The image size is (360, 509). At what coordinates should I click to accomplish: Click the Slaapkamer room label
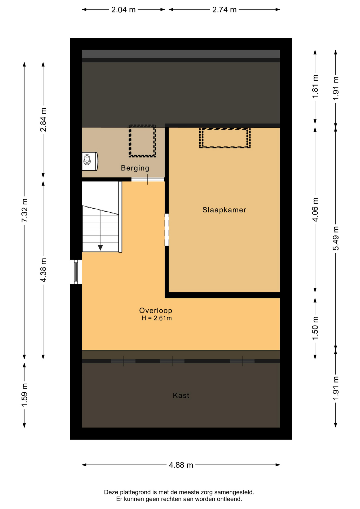click(x=224, y=210)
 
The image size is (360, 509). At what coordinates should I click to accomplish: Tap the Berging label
click(x=135, y=168)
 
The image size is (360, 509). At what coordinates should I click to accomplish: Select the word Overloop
click(x=156, y=310)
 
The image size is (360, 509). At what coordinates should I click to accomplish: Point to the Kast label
click(x=181, y=395)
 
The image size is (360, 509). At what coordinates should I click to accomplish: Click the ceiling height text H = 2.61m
click(x=156, y=318)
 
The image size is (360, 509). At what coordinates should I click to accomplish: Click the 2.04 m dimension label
click(x=123, y=10)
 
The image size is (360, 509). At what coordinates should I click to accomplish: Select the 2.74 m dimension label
click(x=224, y=10)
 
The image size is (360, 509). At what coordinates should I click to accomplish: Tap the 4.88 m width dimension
click(x=181, y=465)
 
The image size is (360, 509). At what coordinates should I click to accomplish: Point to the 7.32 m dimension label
click(x=24, y=210)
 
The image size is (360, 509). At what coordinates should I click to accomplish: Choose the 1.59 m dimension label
click(x=24, y=395)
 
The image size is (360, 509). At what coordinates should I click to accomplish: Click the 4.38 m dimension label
click(x=43, y=270)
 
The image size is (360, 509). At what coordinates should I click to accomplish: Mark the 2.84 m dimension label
click(x=43, y=120)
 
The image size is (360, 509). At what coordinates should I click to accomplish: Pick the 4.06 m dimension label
click(x=315, y=209)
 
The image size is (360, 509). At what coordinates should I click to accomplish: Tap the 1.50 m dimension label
click(x=315, y=328)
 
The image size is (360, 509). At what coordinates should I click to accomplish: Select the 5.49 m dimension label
click(x=336, y=238)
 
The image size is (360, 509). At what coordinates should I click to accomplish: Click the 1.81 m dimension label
click(x=315, y=86)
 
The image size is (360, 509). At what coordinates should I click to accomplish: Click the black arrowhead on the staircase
click(x=100, y=248)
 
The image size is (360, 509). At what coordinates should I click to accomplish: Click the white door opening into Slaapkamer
click(x=167, y=230)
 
